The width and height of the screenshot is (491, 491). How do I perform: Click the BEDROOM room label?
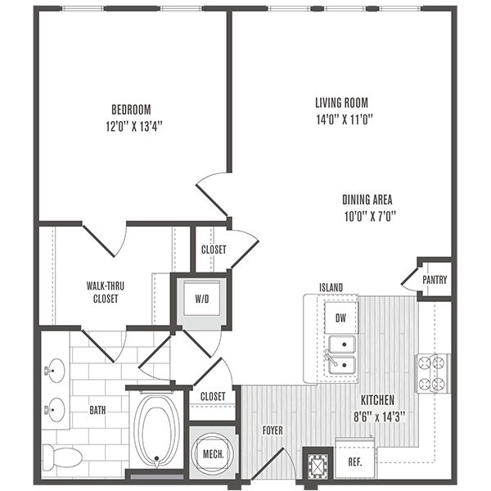tap(131, 109)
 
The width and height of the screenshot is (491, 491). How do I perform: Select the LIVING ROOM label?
tap(342, 103)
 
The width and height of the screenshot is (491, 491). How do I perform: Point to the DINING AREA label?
tap(368, 199)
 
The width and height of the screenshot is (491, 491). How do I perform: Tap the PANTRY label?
tap(435, 280)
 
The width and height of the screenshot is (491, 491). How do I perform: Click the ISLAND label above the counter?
tap(331, 287)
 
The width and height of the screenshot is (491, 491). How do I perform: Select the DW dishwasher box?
tap(340, 316)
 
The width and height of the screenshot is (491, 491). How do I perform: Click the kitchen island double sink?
tap(341, 354)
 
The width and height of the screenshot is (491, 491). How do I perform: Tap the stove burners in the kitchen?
tap(433, 372)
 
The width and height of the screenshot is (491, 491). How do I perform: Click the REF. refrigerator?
tap(356, 460)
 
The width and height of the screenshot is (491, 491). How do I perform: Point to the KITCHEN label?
tap(376, 400)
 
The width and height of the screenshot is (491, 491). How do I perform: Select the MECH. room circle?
tap(213, 453)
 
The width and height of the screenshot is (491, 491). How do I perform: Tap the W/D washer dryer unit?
tap(202, 299)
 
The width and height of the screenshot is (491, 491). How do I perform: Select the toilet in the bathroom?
tap(65, 455)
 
